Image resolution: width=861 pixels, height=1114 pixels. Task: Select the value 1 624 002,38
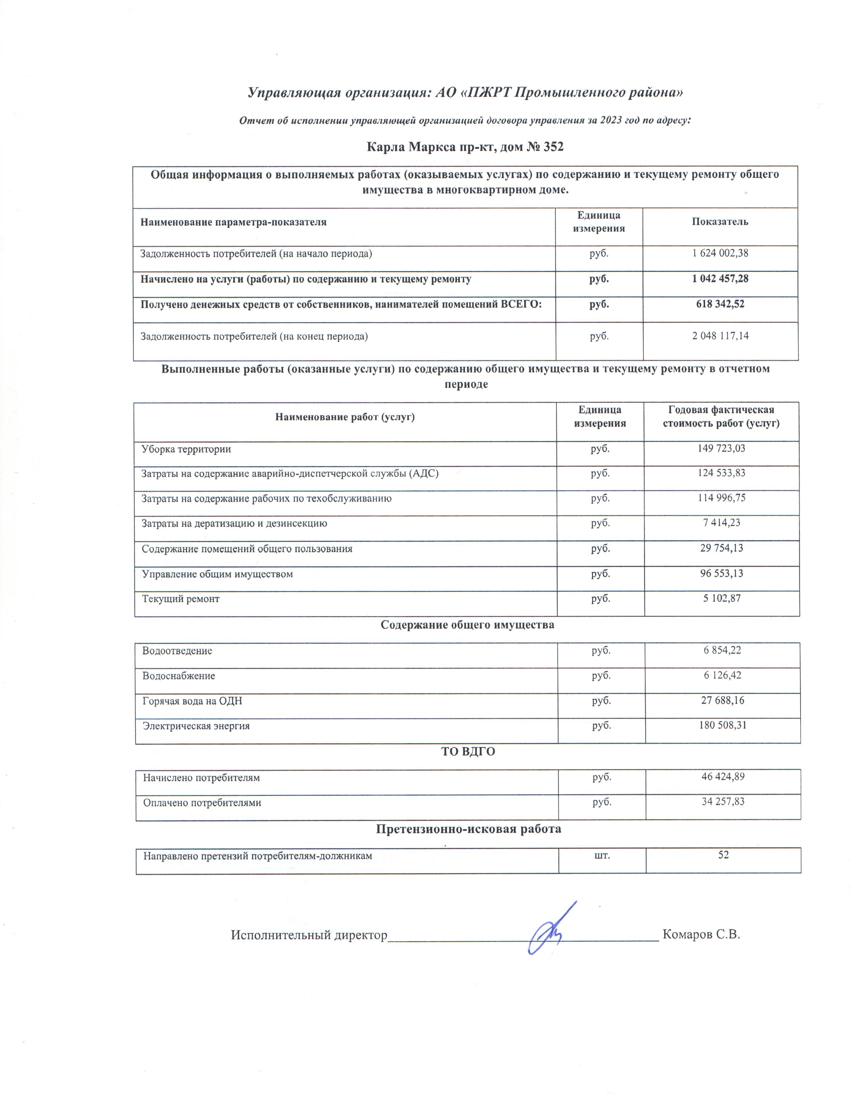coord(720,253)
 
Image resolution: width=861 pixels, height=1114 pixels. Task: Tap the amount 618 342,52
coord(720,304)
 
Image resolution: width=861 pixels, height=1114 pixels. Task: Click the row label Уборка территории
coord(186,449)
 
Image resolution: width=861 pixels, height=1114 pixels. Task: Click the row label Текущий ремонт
coord(181,599)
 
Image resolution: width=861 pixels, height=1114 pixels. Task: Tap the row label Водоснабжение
coord(179,676)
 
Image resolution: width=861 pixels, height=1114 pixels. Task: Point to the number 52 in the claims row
coord(723,855)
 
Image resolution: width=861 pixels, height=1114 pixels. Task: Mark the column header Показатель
coord(720,222)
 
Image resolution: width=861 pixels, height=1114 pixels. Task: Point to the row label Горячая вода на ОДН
coord(192,701)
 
